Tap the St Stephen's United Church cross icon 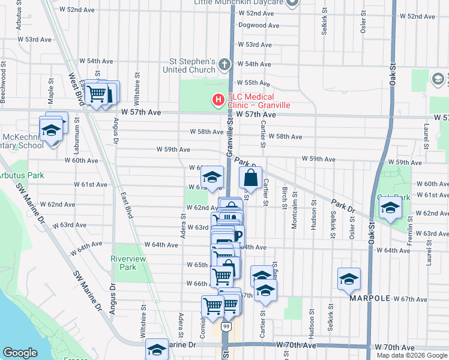(x=224, y=64)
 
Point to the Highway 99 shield (x=225, y=326)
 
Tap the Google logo (x=20, y=352)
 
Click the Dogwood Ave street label (x=259, y=25)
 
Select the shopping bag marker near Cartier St (x=250, y=178)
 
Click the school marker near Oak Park (x=390, y=209)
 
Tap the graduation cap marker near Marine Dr (x=157, y=349)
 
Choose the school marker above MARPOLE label (x=348, y=280)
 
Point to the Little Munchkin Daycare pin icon (x=292, y=3)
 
